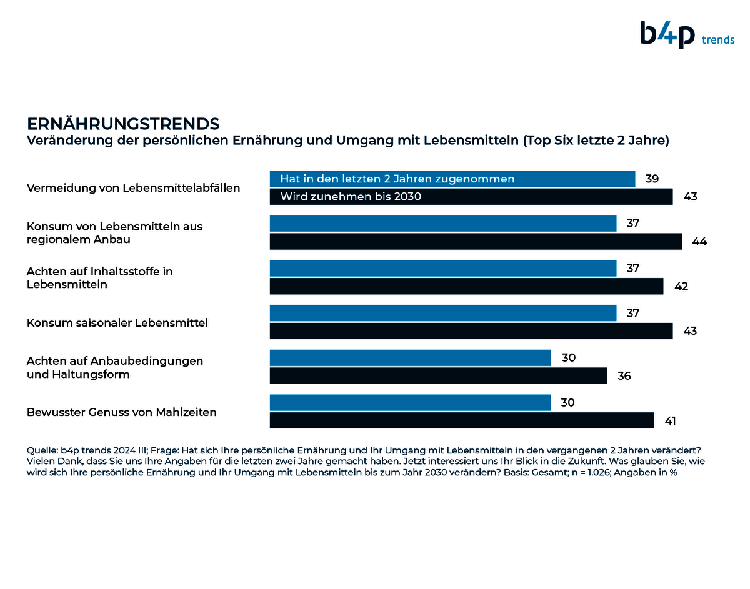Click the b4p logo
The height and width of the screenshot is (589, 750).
(667, 34)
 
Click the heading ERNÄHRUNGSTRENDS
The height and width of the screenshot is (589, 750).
(123, 122)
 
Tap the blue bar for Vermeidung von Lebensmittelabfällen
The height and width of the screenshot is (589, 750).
(452, 179)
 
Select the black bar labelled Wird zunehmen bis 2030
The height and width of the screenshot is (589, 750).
(471, 197)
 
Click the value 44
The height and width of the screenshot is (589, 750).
(699, 242)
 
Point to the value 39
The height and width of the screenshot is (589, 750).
(652, 179)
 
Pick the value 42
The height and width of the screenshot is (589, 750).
(681, 287)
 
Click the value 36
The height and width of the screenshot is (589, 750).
(624, 376)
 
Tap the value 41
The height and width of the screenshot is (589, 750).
(670, 421)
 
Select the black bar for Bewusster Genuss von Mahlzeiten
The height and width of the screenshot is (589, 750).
(461, 420)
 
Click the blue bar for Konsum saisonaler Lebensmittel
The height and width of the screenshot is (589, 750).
(442, 313)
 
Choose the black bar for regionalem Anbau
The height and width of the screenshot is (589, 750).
(475, 242)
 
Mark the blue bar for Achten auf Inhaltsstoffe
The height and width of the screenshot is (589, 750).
(442, 268)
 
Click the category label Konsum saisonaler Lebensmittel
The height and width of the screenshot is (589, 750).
(117, 323)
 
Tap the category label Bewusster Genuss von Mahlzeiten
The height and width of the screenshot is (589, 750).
(122, 412)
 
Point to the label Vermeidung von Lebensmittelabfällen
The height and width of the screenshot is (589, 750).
(133, 188)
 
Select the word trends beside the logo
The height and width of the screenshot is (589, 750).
(718, 40)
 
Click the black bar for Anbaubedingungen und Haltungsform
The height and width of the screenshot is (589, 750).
(438, 376)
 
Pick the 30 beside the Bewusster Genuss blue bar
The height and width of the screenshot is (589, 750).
(567, 403)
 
